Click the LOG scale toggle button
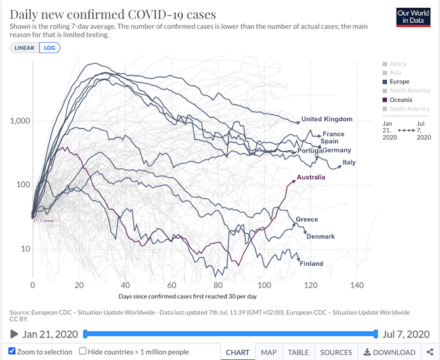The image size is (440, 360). [48, 47]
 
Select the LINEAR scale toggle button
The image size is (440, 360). [24, 47]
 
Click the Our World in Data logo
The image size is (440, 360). [413, 18]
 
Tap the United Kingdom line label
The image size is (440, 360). [326, 120]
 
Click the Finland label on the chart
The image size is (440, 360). [311, 264]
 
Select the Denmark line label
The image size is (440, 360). [320, 236]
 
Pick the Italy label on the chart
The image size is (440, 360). [349, 162]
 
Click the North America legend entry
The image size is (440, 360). [409, 91]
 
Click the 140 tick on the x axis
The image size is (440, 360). [357, 286]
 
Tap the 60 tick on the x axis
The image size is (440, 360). [171, 286]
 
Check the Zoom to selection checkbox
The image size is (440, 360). [12, 352]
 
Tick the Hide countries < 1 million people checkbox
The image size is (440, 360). [83, 352]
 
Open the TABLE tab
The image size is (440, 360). [298, 353]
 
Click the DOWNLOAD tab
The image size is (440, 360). [389, 353]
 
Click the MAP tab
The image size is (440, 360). [268, 353]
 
